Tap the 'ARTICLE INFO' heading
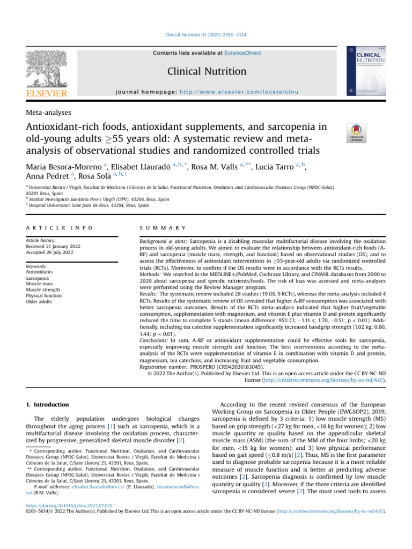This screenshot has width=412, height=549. click(59, 228)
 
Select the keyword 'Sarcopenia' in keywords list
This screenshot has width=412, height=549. click(40, 278)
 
